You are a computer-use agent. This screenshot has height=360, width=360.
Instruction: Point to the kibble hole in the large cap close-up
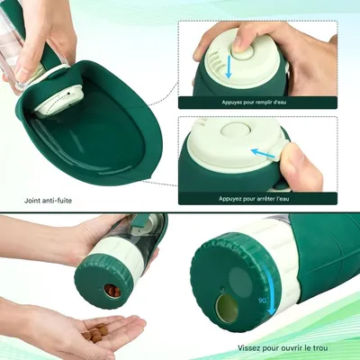(x=226, y=308)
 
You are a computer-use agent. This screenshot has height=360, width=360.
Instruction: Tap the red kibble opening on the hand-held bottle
(x=110, y=290)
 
